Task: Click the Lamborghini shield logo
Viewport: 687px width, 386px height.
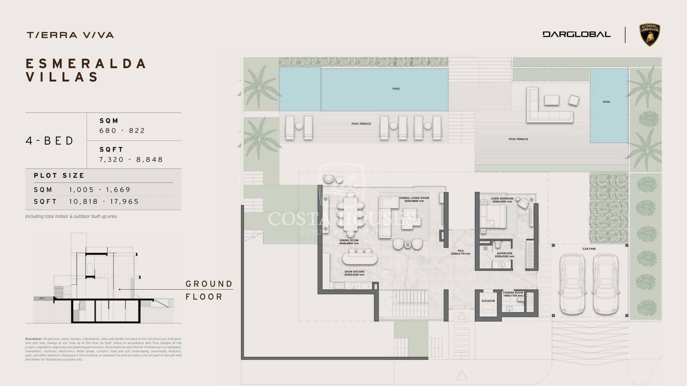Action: click(650, 35)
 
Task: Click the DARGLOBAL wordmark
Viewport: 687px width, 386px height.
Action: click(576, 34)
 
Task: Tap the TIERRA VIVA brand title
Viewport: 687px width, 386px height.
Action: click(70, 35)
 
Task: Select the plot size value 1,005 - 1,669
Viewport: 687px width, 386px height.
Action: click(100, 190)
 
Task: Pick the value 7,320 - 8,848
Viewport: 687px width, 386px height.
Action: click(131, 160)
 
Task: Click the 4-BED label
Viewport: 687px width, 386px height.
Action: click(50, 141)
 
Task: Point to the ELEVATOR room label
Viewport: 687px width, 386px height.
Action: click(488, 301)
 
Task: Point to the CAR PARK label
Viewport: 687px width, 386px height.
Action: click(589, 249)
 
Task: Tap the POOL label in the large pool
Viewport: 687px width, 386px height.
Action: click(396, 89)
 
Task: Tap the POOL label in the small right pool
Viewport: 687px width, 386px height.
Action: click(606, 102)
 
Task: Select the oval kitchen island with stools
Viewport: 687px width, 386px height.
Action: click(360, 258)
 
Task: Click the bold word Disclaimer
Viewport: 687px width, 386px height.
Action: click(33, 339)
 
